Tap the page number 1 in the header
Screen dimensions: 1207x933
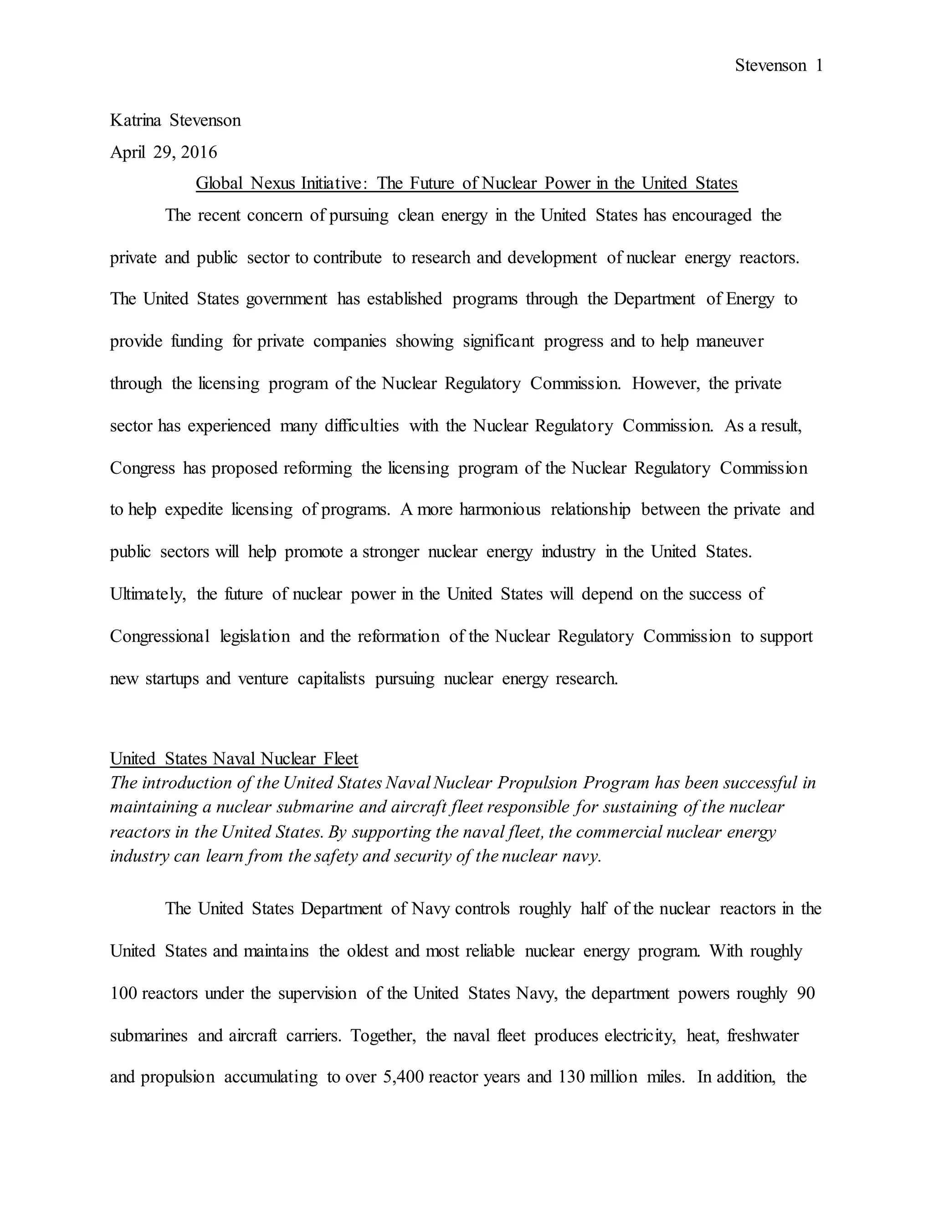[x=819, y=65]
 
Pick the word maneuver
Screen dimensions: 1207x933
[x=730, y=341]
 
